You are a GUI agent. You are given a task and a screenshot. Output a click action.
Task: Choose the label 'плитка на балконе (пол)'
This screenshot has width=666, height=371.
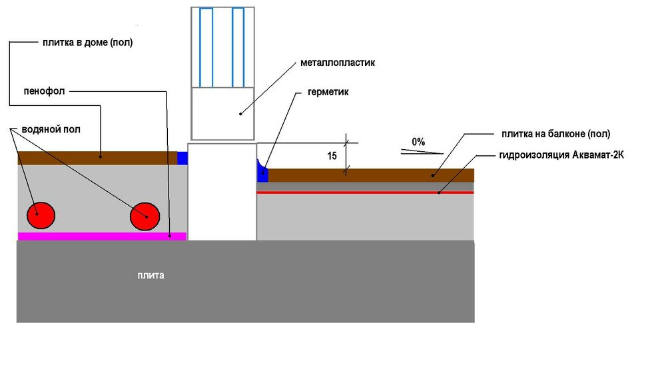pyautogui.click(x=555, y=134)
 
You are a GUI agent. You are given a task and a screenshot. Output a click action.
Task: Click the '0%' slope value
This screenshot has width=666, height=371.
pyautogui.click(x=418, y=142)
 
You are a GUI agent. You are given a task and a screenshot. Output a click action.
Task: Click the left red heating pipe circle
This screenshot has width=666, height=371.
pyautogui.click(x=41, y=215)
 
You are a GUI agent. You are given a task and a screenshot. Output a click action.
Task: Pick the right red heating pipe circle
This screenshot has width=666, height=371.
pyautogui.click(x=145, y=216)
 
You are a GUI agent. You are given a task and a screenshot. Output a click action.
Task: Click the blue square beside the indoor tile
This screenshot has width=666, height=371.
pyautogui.click(x=182, y=158)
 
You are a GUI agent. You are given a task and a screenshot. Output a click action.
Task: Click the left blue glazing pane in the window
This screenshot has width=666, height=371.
pyautogui.click(x=206, y=47)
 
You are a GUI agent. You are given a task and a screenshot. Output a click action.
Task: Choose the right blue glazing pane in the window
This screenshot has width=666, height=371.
pyautogui.click(x=238, y=47)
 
